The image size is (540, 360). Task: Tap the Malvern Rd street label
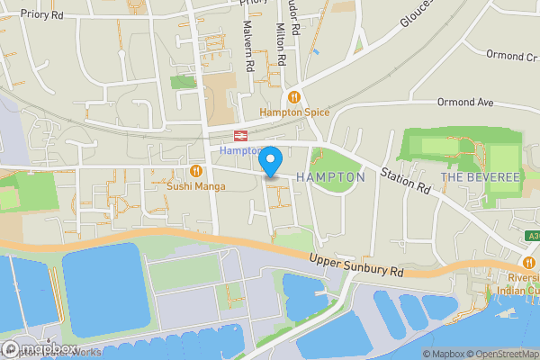(x=247, y=47)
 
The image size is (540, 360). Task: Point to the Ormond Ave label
(x=465, y=103)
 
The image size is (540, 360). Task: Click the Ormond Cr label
(x=511, y=56)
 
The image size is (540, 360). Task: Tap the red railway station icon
(x=240, y=136)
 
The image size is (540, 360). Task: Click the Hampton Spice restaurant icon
(x=293, y=97)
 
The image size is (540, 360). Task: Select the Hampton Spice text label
(x=294, y=112)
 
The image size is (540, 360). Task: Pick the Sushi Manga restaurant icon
(x=196, y=171)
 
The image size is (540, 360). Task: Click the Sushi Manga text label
(x=195, y=186)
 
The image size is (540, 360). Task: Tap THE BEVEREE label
(x=480, y=177)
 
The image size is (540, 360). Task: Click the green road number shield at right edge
(x=534, y=236)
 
